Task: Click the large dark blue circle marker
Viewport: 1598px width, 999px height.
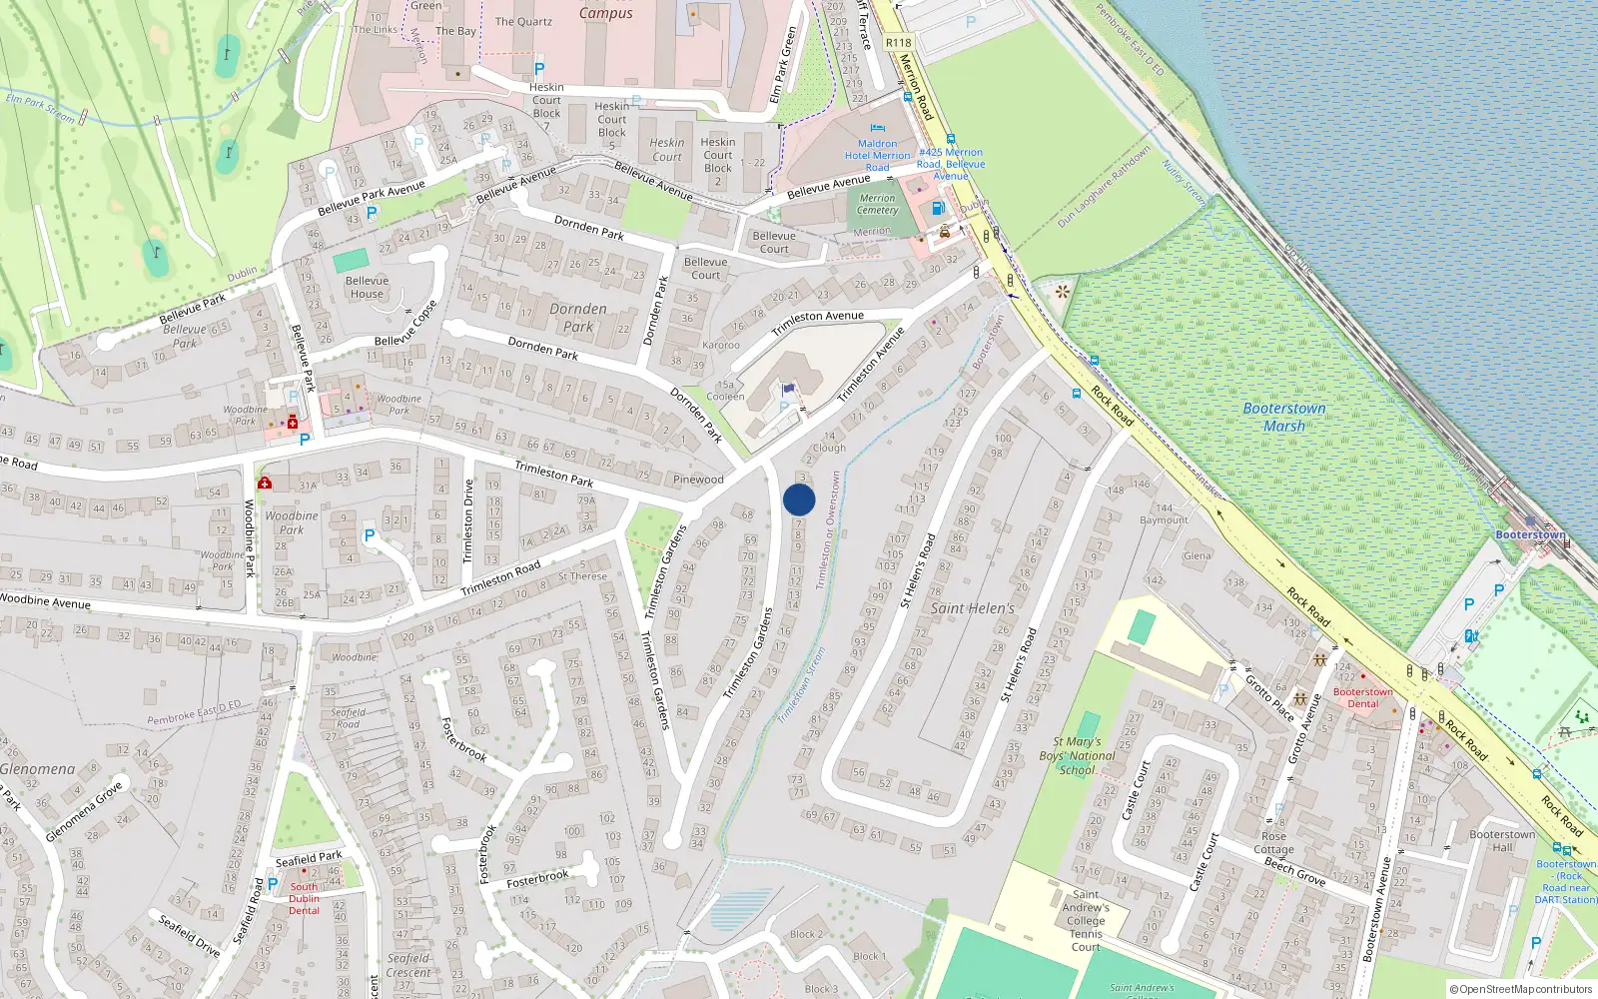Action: (x=799, y=499)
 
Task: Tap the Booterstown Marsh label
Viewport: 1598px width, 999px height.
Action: (x=1284, y=417)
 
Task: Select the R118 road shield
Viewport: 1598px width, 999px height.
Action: (x=898, y=42)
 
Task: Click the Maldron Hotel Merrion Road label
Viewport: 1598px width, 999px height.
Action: (x=878, y=155)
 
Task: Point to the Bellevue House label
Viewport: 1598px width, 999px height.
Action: (x=367, y=287)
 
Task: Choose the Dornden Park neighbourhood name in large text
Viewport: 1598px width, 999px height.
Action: (x=577, y=318)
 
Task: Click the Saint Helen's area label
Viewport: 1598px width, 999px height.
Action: (x=972, y=607)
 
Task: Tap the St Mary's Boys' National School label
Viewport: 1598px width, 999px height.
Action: (x=1077, y=755)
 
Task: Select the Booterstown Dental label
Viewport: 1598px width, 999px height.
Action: (x=1362, y=697)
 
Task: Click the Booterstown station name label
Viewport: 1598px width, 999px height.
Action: (x=1530, y=534)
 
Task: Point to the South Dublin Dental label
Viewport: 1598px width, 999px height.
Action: (x=305, y=898)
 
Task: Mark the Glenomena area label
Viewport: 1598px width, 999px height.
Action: (x=38, y=769)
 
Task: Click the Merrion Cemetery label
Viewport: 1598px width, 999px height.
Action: (x=877, y=204)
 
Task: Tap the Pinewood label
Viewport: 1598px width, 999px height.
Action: (x=698, y=480)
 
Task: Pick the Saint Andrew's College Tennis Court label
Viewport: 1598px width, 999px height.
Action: (x=1086, y=920)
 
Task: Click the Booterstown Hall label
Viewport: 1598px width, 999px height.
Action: (x=1502, y=840)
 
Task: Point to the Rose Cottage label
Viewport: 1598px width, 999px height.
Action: (x=1273, y=843)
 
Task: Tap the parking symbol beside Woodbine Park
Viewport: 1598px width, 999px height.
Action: (x=369, y=535)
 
